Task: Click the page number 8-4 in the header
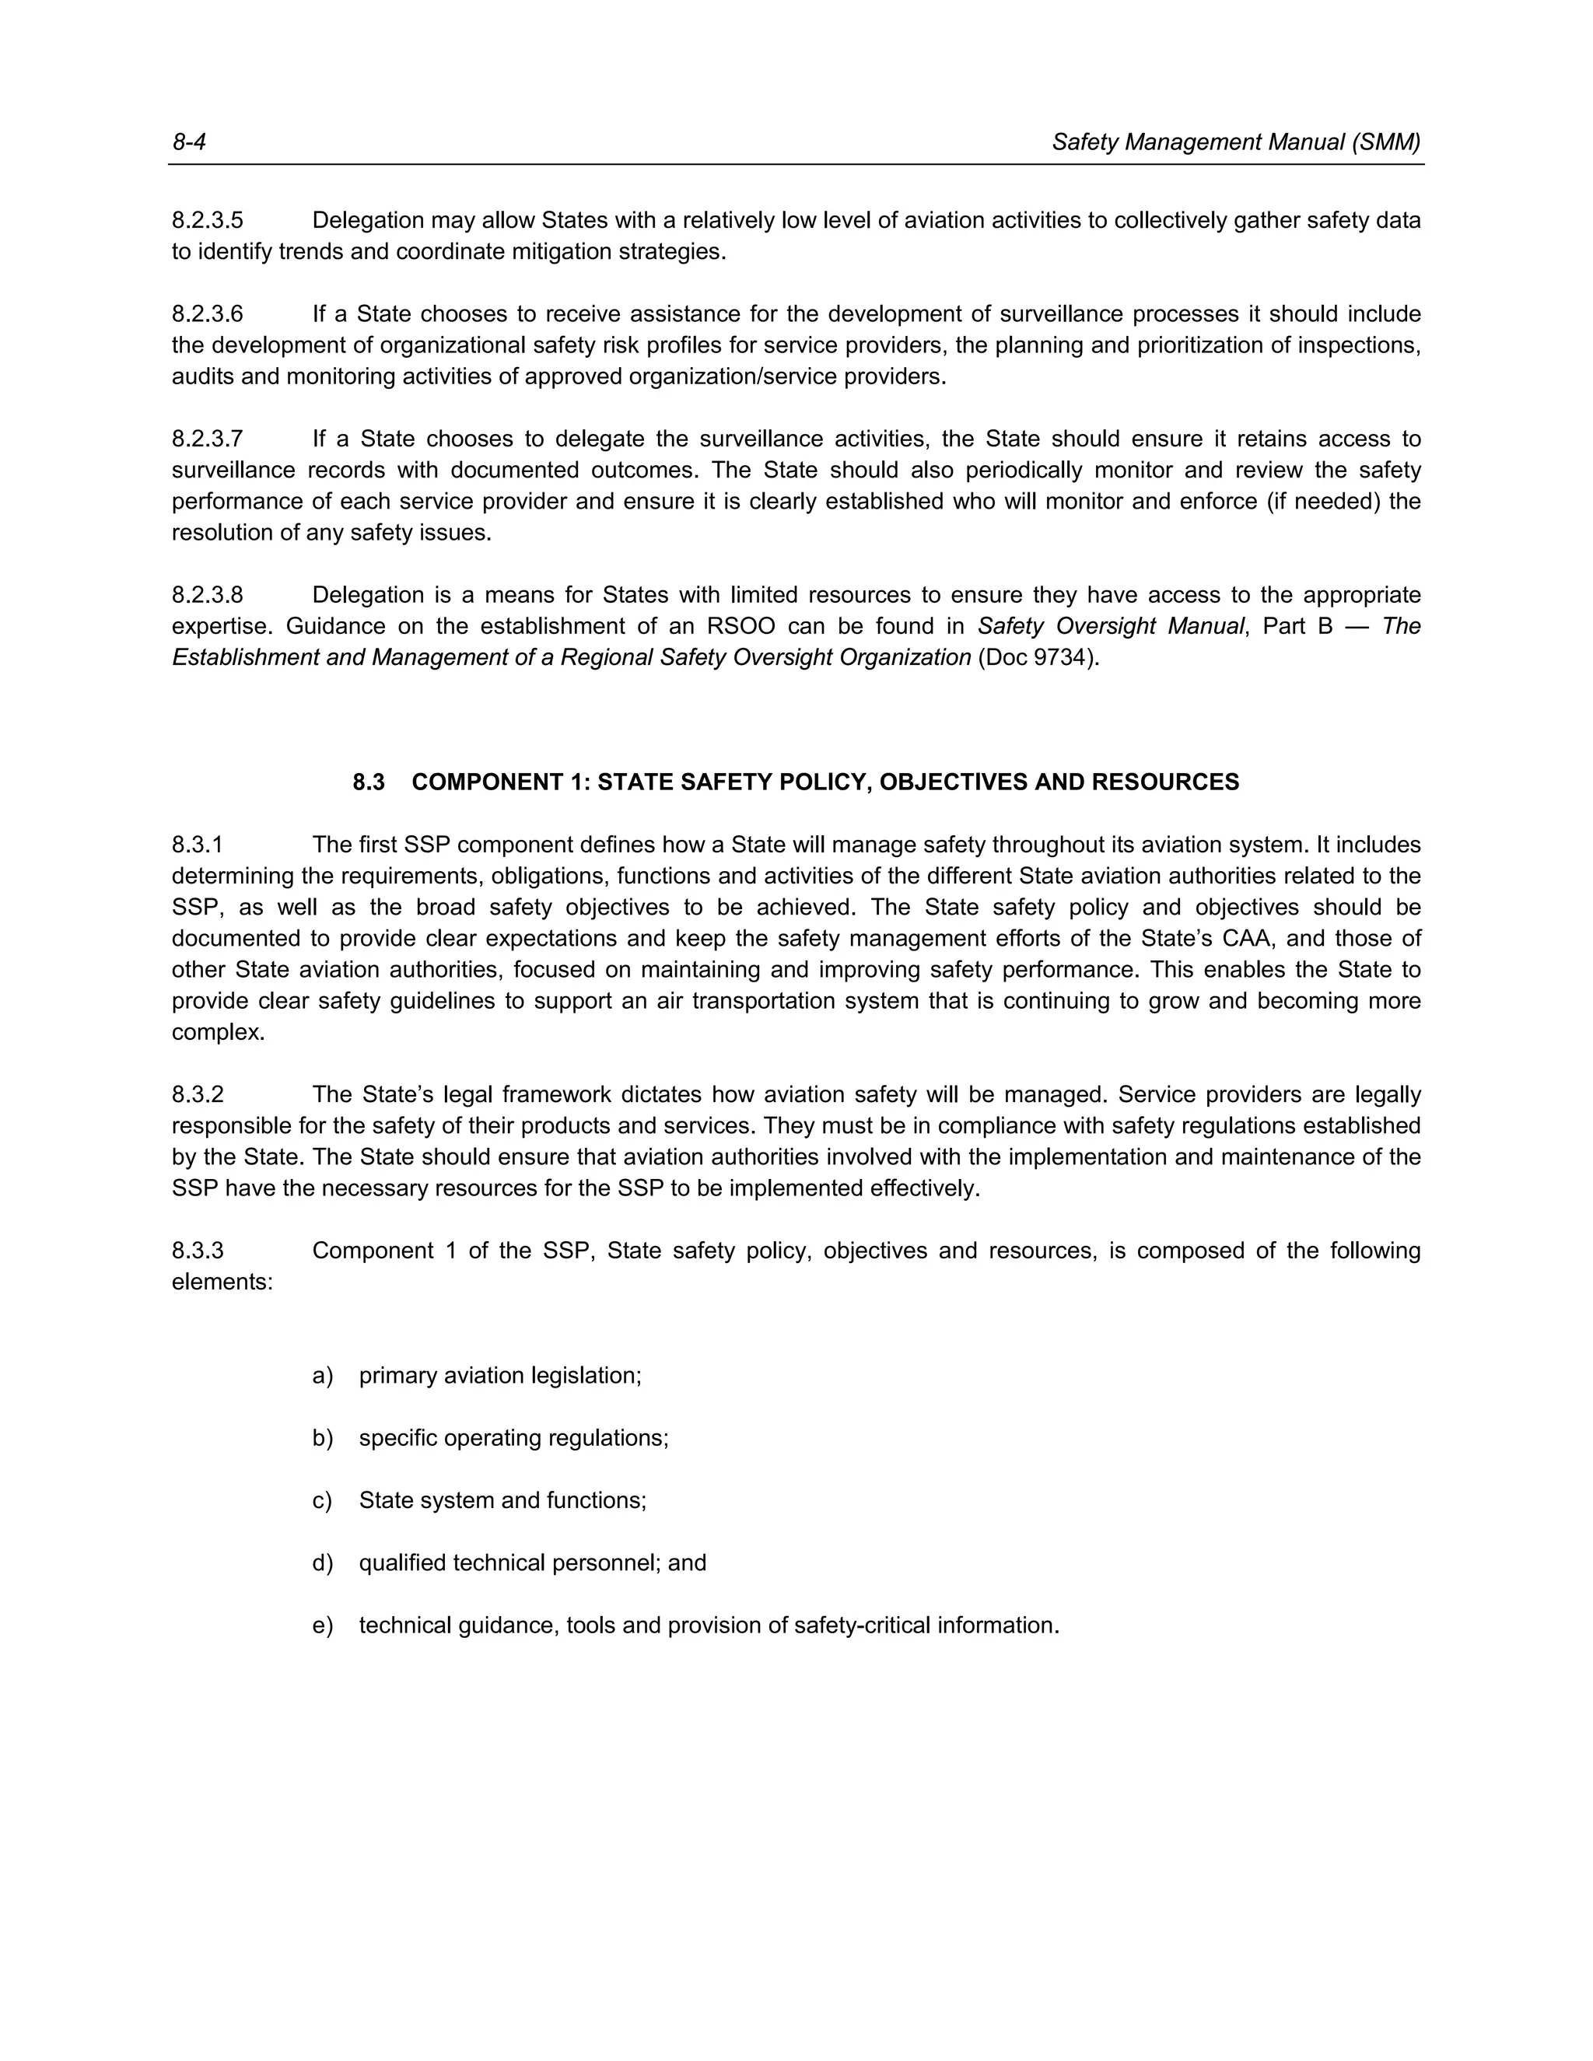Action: (x=189, y=142)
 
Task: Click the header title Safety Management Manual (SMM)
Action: (x=1235, y=142)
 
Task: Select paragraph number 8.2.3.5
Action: (x=207, y=221)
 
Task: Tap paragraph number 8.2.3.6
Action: (x=207, y=314)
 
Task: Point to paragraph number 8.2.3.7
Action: (x=207, y=439)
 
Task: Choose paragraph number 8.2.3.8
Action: (x=207, y=596)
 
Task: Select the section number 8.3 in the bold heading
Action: (x=369, y=782)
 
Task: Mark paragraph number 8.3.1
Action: (x=198, y=845)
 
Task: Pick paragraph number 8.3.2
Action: (x=198, y=1095)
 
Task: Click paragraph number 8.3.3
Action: (x=198, y=1251)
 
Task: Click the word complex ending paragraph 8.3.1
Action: (x=216, y=1032)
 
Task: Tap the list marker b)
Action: (x=323, y=1438)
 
